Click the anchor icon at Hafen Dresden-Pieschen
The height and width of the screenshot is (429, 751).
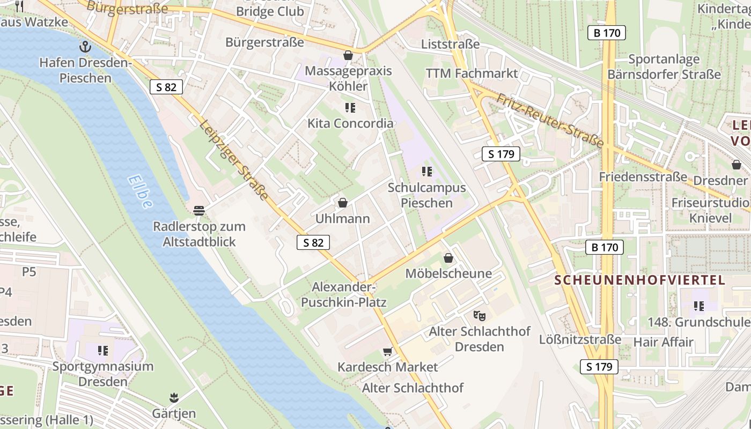coord(85,47)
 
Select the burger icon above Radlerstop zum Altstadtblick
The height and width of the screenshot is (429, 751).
coord(199,211)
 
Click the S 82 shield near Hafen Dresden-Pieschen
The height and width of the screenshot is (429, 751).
coord(166,87)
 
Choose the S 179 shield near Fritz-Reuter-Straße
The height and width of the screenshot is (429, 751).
coord(501,154)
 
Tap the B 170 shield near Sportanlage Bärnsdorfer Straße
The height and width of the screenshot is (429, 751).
coord(607,33)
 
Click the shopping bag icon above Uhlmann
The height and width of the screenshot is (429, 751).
coord(342,203)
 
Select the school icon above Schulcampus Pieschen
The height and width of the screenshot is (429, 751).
coord(427,172)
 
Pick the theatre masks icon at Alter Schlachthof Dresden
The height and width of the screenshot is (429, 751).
coord(479,315)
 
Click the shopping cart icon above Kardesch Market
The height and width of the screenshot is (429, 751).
coord(387,351)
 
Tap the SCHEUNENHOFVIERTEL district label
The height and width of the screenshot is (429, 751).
coord(639,280)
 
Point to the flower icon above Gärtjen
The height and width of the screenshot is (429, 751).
coord(173,398)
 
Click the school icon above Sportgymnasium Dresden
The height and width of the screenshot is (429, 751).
coord(102,351)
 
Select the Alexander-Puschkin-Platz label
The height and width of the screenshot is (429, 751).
coord(343,294)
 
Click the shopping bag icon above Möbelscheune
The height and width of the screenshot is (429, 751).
coord(448,258)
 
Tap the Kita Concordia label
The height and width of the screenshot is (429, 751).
coord(350,123)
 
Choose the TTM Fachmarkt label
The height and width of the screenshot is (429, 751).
coord(472,73)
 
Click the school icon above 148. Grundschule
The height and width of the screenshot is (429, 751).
coord(698,306)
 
